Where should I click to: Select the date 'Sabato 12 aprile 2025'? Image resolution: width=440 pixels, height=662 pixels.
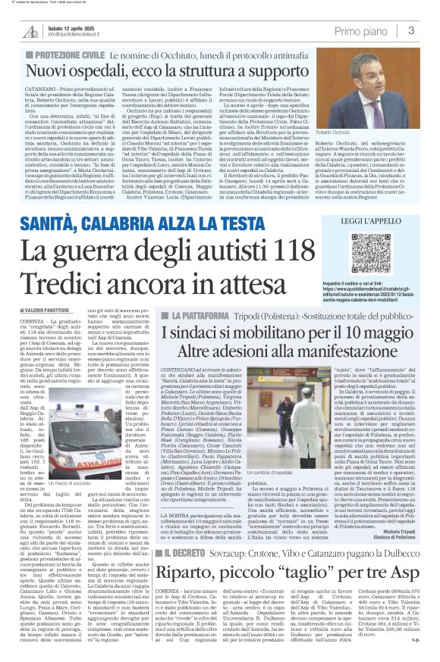74,27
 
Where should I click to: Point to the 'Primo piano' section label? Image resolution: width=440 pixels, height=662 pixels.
368,30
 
